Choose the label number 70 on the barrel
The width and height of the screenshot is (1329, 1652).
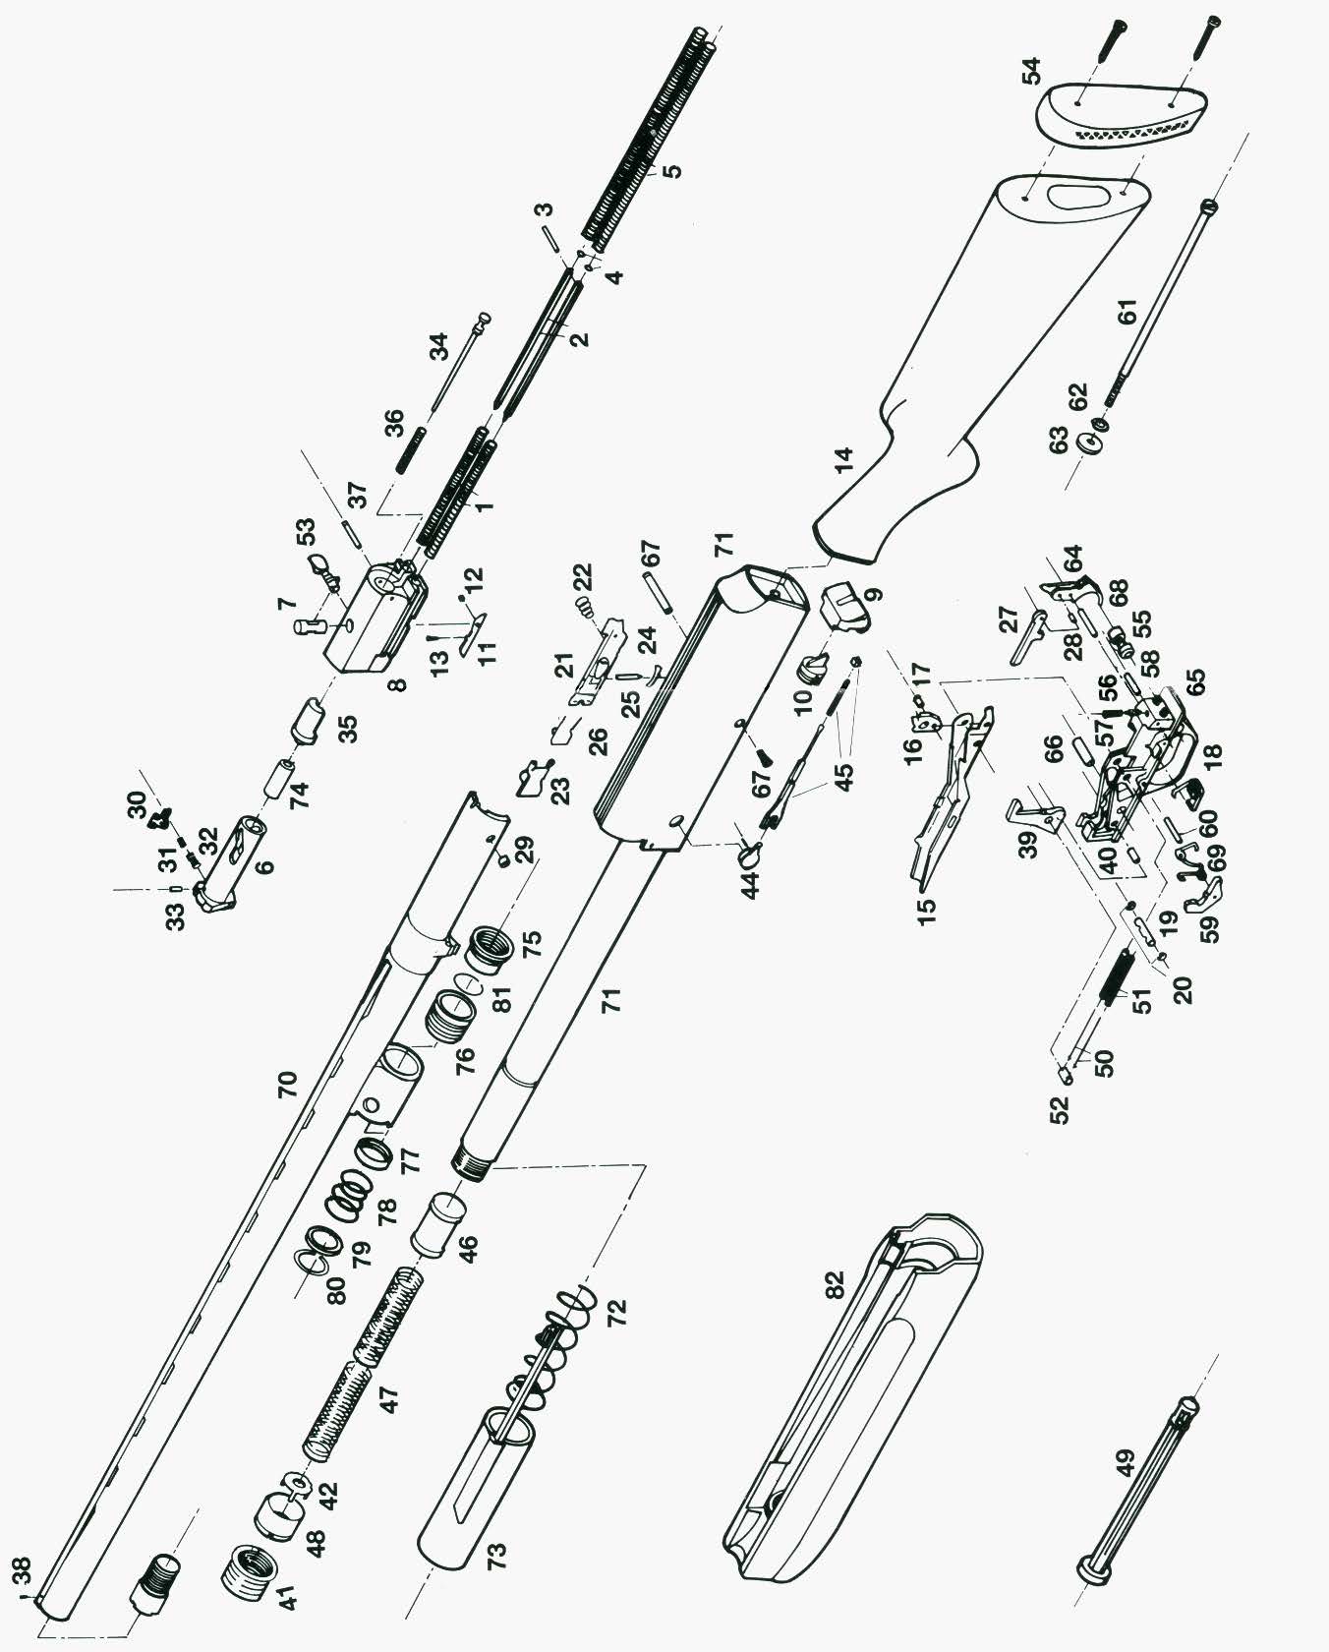(286, 1085)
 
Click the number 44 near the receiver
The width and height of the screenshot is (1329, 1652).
(751, 885)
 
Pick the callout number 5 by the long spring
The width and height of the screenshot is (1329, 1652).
(671, 169)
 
